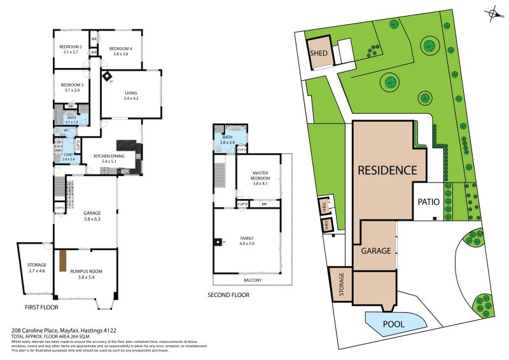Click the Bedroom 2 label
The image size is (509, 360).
tap(71, 47)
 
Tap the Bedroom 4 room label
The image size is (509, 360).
tap(121, 49)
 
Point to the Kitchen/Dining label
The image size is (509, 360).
tap(109, 156)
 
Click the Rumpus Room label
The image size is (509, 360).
tap(85, 272)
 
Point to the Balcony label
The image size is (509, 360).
tap(252, 280)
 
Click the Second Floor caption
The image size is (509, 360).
tap(228, 295)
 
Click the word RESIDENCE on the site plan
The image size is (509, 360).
tap(387, 170)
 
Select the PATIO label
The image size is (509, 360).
tap(428, 202)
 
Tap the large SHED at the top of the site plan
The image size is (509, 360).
tap(319, 53)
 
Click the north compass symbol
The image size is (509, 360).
tap(493, 12)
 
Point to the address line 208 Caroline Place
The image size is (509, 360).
tap(64, 331)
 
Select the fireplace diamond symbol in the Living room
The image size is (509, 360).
tap(108, 76)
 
